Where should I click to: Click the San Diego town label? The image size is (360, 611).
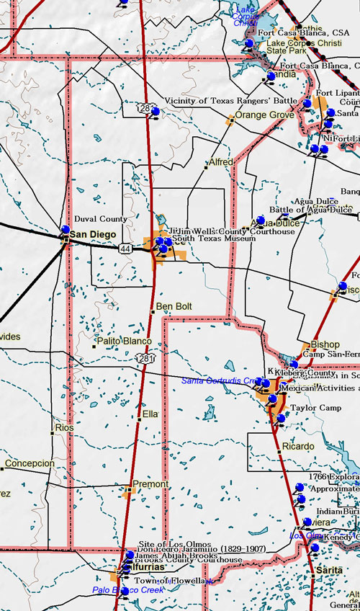click(x=92, y=234)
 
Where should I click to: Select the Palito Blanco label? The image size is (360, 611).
click(x=125, y=341)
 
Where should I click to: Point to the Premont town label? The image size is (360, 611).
click(x=150, y=484)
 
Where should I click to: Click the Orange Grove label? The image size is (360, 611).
click(x=264, y=115)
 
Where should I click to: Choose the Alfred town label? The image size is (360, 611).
click(x=220, y=163)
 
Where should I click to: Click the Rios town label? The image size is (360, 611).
click(x=64, y=428)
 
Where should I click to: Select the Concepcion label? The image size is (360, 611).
click(x=30, y=463)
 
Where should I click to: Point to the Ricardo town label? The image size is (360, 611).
click(x=297, y=447)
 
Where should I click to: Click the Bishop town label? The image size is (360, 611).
click(x=324, y=344)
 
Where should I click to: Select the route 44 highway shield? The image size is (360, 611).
click(x=125, y=248)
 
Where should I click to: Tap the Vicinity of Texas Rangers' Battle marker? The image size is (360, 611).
click(x=155, y=112)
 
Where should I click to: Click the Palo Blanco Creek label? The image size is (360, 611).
click(x=128, y=589)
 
